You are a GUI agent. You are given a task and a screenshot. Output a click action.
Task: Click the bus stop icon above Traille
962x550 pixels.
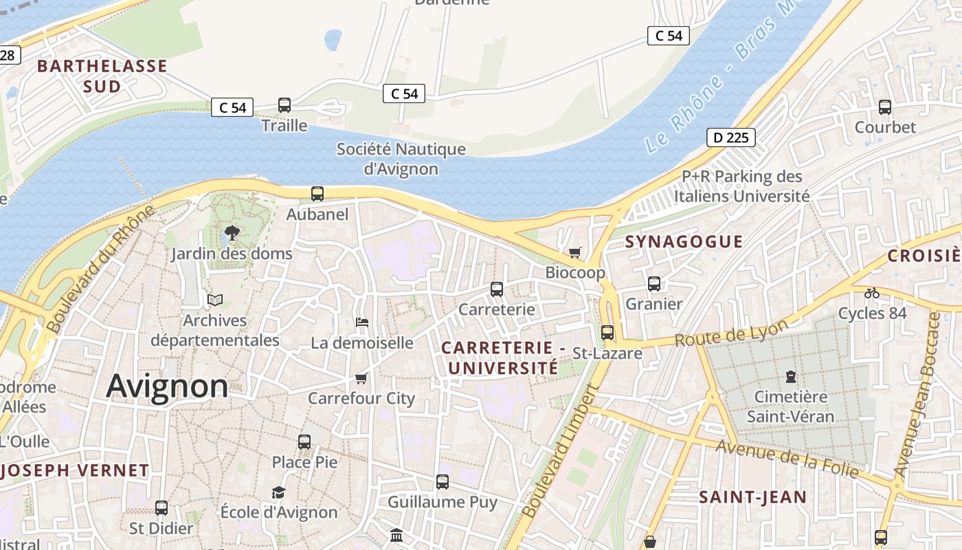(284, 105)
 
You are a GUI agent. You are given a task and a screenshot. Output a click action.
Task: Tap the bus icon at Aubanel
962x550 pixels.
(317, 194)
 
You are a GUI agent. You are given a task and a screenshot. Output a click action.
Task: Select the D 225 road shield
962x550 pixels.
(731, 137)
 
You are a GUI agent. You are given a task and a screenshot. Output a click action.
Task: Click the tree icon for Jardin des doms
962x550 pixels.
(232, 233)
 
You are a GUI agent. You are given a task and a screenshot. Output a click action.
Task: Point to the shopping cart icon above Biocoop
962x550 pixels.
(575, 252)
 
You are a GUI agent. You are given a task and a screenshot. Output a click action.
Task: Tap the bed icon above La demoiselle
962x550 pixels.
(361, 322)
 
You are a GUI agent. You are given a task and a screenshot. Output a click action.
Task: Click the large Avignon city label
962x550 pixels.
(167, 386)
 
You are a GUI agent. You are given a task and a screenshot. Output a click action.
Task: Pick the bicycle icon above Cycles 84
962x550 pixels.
(872, 293)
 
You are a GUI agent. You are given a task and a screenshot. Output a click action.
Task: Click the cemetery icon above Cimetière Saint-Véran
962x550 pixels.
(790, 377)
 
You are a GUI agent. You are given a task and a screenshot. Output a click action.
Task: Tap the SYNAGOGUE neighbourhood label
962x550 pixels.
(684, 241)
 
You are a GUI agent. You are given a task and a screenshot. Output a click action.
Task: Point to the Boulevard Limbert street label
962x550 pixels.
(559, 451)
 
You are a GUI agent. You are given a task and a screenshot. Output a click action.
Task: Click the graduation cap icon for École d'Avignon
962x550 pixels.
(278, 492)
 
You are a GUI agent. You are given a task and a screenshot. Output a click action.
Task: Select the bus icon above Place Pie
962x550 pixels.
(304, 442)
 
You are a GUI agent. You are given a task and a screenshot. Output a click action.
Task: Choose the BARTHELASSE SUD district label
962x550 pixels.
(102, 76)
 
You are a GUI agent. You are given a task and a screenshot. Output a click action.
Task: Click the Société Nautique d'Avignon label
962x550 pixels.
(401, 159)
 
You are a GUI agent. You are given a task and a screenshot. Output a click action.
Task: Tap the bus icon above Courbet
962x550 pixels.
(885, 107)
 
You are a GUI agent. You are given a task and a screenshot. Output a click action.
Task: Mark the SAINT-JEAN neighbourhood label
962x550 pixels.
(752, 497)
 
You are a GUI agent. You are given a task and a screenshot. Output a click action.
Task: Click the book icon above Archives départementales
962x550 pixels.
(215, 300)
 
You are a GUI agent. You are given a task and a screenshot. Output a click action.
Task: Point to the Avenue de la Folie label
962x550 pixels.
(787, 459)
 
